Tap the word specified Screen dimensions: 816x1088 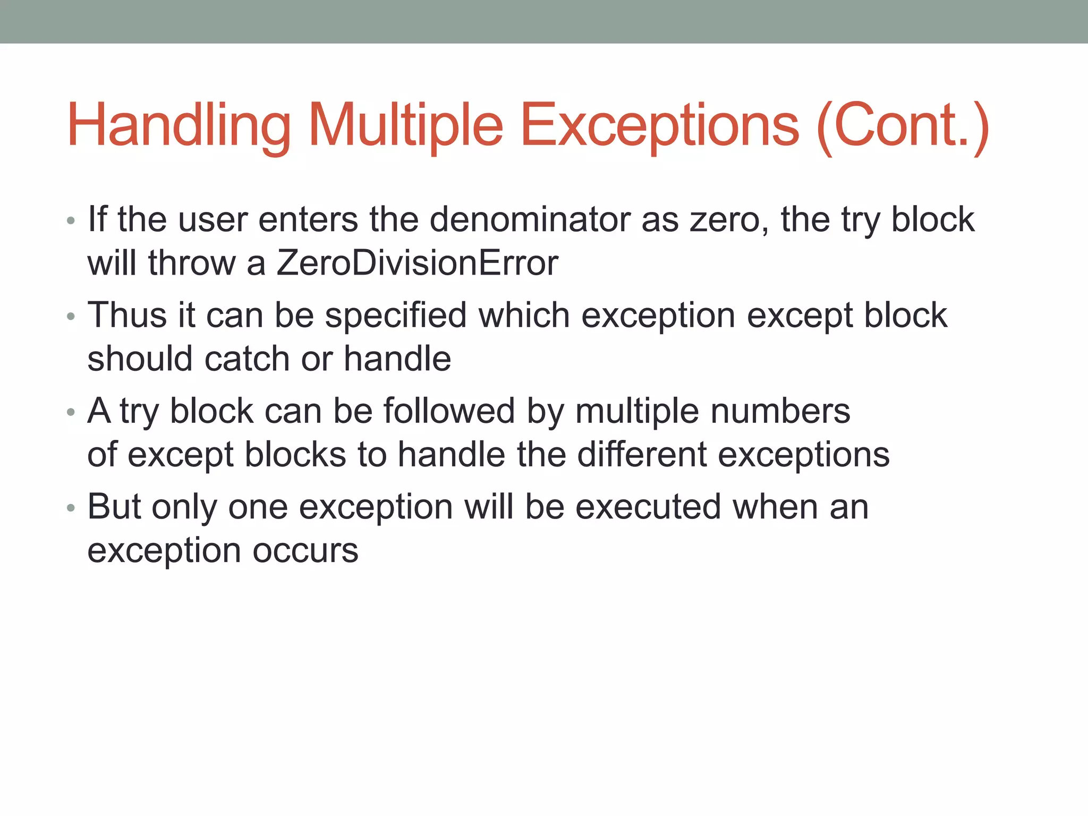396,316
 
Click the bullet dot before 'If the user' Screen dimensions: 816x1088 71,220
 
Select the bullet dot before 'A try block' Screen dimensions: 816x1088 71,412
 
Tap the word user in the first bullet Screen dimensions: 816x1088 212,220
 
